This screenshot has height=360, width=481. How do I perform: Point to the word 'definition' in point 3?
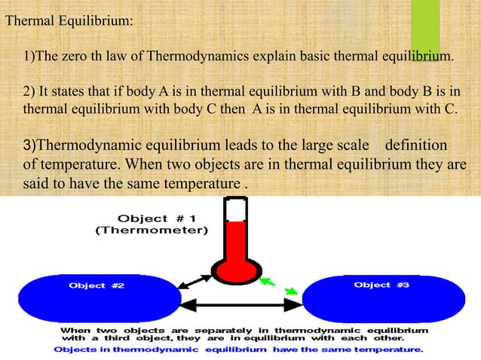pos(417,145)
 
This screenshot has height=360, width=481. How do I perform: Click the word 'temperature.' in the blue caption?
pos(394,349)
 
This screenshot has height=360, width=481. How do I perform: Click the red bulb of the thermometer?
pos(234,270)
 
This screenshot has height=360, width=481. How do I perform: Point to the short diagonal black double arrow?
pos(194,285)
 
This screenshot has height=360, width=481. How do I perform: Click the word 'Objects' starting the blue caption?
pos(74,349)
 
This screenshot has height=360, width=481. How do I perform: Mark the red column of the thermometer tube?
pos(235,239)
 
